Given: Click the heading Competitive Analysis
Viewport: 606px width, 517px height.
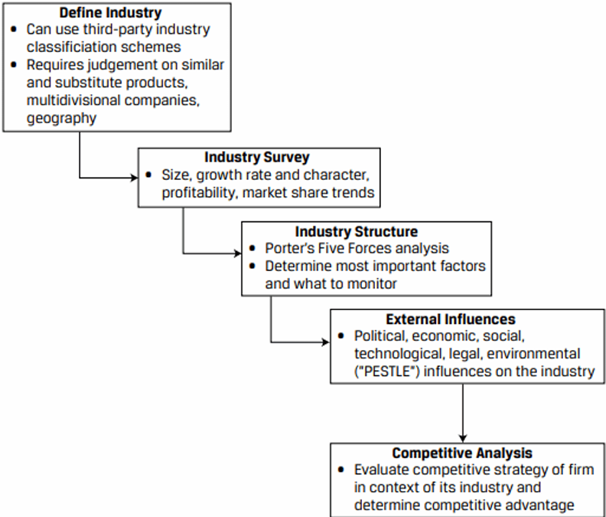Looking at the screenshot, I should (x=461, y=453).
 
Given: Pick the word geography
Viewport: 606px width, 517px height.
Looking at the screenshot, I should (x=61, y=118).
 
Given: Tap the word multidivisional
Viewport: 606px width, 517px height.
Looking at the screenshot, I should (x=75, y=100).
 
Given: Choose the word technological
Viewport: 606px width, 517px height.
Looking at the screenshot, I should (x=397, y=354).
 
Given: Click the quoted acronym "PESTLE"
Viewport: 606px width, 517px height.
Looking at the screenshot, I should (x=381, y=372).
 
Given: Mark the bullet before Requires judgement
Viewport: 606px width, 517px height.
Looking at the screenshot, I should (x=15, y=65).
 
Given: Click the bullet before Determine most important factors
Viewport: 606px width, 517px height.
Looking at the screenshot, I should (x=255, y=267).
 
